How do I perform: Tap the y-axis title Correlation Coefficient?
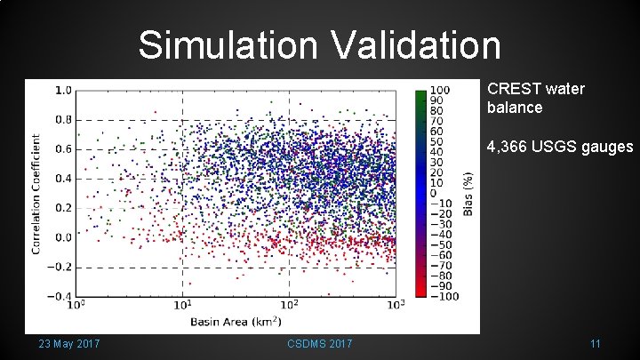point(37,194)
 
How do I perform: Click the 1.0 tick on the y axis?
point(63,90)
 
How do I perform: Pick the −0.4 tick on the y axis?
point(60,296)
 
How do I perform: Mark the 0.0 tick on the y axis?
point(63,237)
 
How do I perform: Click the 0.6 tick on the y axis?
point(63,148)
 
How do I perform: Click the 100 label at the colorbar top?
point(439,90)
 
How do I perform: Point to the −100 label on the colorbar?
point(444,296)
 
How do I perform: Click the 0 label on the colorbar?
point(434,193)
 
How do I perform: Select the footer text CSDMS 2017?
point(320,344)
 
